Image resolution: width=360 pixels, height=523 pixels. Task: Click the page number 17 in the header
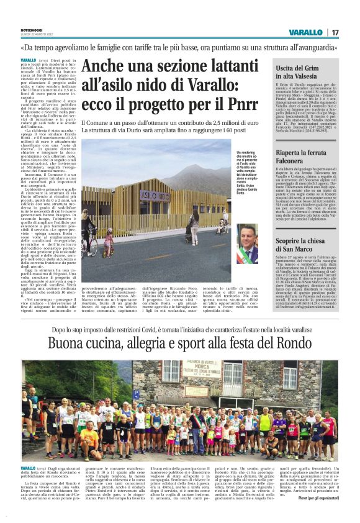click(x=335, y=32)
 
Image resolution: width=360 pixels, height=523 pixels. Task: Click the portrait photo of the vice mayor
click(x=247, y=244)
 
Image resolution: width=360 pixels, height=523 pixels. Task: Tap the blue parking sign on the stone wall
click(x=136, y=394)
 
